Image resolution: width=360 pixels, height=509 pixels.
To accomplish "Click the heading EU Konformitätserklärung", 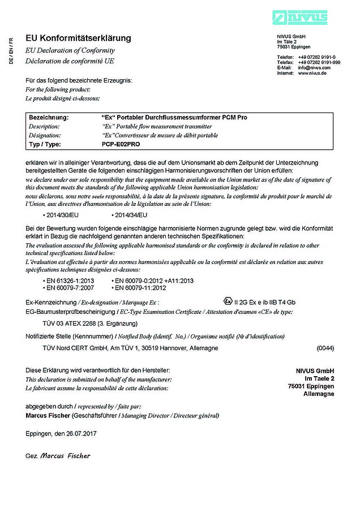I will pos(78,38).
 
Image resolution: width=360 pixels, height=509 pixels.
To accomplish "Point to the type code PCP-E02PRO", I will pos(118,144).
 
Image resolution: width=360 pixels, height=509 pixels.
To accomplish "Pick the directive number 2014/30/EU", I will pos(62,215).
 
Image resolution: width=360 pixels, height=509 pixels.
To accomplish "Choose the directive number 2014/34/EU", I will pos(131,215).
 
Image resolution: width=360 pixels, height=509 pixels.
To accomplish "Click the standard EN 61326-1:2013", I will pos(71,281).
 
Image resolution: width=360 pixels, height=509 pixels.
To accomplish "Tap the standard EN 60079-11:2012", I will pos(140,287).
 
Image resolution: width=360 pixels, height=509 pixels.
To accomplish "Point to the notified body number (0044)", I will pos(325,348).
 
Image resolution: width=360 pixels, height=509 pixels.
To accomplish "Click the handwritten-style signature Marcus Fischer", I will pos(65,455).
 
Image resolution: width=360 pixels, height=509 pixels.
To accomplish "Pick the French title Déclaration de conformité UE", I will pos(70,60).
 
